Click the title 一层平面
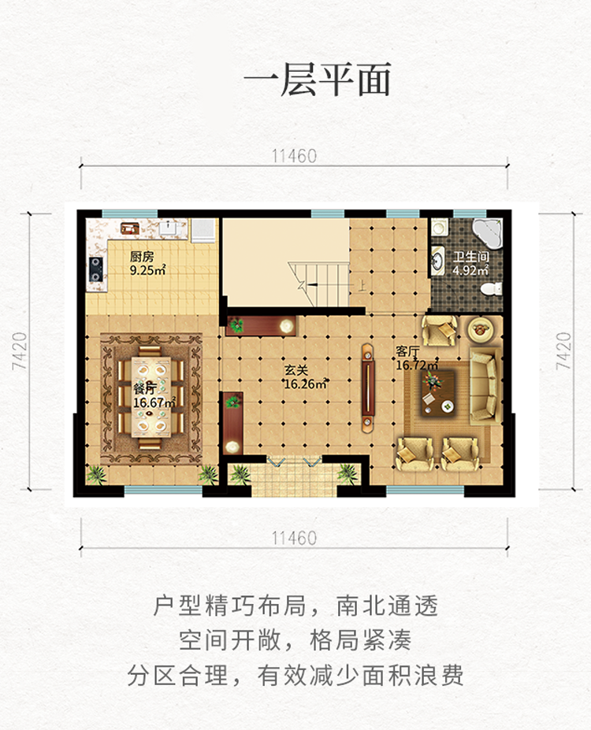(317, 80)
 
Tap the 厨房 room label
(141, 257)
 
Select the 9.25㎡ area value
(147, 270)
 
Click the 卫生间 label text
(471, 257)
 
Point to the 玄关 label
(296, 371)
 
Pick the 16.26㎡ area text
(305, 384)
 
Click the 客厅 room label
(407, 351)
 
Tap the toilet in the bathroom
(491, 289)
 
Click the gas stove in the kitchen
(95, 269)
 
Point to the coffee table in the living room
(438, 392)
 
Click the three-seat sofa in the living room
(485, 386)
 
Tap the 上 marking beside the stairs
(362, 285)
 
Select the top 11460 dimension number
(295, 156)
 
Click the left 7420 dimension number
(20, 351)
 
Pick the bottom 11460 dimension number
(295, 538)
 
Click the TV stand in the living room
(368, 388)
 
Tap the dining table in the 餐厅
(151, 396)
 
